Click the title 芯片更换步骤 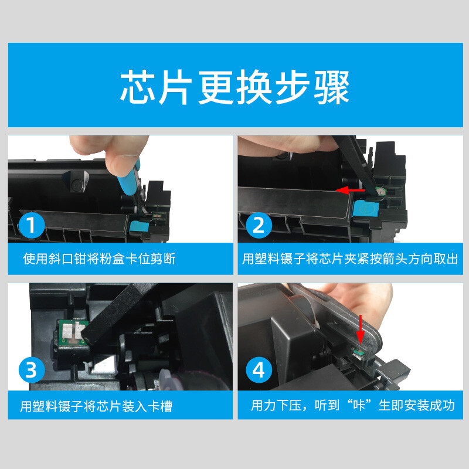tap(235, 87)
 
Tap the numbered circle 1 tap(32, 225)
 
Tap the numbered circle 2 tap(259, 225)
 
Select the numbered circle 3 tap(32, 370)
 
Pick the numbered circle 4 tap(259, 370)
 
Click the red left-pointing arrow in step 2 tap(350, 190)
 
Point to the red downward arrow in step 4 tap(361, 329)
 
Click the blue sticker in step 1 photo tap(139, 226)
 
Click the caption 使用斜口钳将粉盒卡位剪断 tap(99, 259)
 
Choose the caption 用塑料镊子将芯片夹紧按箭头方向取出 tap(350, 259)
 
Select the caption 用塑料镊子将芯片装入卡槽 tap(96, 406)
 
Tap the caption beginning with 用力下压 tap(353, 406)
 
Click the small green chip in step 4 tap(358, 354)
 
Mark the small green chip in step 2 tap(380, 191)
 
